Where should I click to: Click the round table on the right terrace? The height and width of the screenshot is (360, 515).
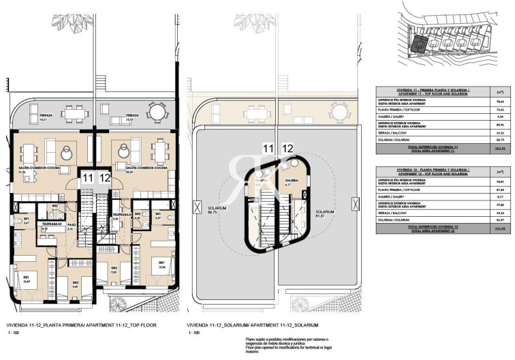(157, 110)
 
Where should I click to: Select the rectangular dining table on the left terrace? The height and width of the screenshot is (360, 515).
(72, 112)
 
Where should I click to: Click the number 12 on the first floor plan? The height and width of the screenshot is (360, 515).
(104, 179)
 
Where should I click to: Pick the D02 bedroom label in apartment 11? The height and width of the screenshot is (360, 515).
(76, 281)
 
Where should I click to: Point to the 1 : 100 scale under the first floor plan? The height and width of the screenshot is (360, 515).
(13, 333)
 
